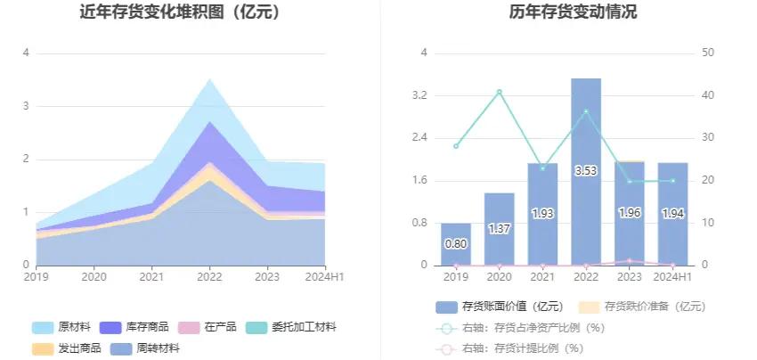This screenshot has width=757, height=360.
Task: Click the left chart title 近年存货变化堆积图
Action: (x=179, y=12)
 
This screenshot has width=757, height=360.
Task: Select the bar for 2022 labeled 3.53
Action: (x=586, y=171)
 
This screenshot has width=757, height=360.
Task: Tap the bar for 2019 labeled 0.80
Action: (x=456, y=244)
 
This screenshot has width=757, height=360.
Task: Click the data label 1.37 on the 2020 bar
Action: (x=499, y=229)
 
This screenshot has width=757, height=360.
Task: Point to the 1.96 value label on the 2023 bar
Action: (x=630, y=214)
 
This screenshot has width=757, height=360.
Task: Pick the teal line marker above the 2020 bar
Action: (x=499, y=92)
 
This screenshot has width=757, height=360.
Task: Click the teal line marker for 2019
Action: (x=456, y=146)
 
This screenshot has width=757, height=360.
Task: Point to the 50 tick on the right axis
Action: (x=709, y=53)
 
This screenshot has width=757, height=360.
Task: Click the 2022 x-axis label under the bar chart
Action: (x=586, y=277)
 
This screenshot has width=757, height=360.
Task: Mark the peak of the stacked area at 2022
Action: (x=209, y=79)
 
